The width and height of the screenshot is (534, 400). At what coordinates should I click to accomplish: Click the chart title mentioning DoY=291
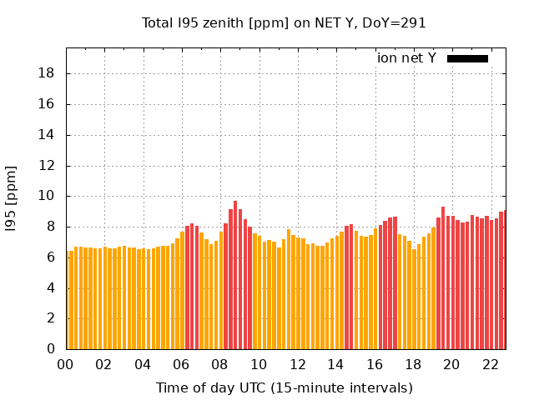tap(284, 22)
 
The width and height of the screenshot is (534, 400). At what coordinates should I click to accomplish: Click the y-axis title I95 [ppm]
tap(12, 198)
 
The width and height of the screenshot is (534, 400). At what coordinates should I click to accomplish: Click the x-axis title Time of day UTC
tap(284, 387)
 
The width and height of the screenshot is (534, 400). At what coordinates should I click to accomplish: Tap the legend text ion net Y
tap(406, 57)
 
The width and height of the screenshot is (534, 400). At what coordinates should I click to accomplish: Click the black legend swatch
tap(467, 58)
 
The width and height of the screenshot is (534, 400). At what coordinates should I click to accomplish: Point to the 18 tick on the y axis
tap(47, 73)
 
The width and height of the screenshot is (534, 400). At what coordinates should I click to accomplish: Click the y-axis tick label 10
tap(47, 196)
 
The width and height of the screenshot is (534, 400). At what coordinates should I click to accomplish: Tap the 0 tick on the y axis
tap(51, 349)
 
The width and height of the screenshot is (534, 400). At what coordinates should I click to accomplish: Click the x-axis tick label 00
tap(65, 365)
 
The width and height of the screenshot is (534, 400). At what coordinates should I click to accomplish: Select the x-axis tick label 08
tap(219, 365)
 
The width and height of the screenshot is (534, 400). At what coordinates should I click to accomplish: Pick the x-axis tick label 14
tap(335, 365)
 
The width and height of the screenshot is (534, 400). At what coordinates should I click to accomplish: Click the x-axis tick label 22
tap(490, 365)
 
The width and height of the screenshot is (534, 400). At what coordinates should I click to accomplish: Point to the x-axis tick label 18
tap(413, 365)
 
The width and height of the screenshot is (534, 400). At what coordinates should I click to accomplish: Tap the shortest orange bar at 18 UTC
tap(414, 299)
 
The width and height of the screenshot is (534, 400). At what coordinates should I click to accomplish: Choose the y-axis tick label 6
tap(51, 257)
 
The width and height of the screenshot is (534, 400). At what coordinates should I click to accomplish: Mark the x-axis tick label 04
tap(143, 365)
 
